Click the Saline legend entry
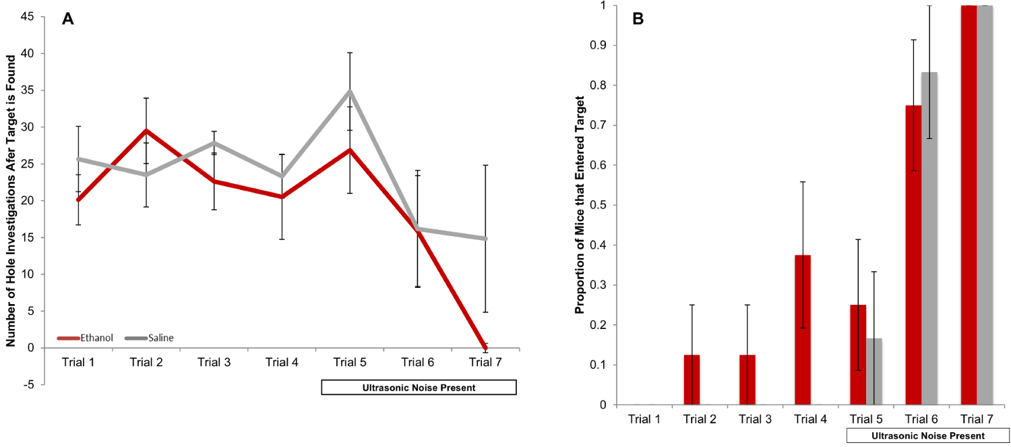(160, 337)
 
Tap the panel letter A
(67, 19)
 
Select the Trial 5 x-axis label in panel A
(350, 362)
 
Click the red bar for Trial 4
(803, 330)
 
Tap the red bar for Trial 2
(692, 380)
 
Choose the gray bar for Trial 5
(874, 371)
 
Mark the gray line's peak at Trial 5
(350, 90)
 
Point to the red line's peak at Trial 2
(146, 131)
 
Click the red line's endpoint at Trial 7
(486, 347)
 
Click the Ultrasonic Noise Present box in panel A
(419, 388)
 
